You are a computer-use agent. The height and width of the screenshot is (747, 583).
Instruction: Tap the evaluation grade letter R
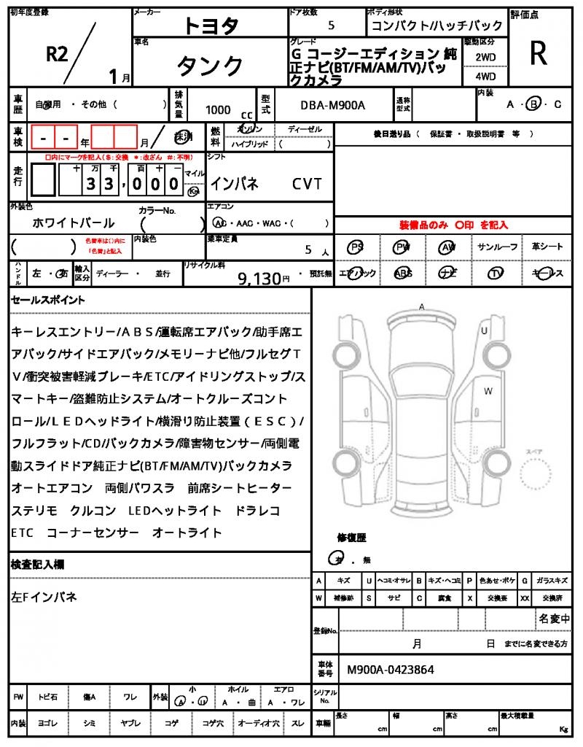click(x=539, y=53)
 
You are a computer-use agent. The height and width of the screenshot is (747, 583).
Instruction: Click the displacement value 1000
click(x=218, y=110)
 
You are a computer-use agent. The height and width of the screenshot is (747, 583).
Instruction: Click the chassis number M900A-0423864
click(x=390, y=669)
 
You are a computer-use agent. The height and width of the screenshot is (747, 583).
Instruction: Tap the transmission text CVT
click(x=307, y=184)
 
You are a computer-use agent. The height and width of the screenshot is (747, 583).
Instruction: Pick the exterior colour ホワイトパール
click(x=74, y=222)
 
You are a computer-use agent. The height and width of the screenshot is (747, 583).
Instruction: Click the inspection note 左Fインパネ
click(x=44, y=597)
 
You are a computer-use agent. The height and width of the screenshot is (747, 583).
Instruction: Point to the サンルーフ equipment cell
click(x=498, y=247)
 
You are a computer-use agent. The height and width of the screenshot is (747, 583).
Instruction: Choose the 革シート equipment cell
click(x=547, y=247)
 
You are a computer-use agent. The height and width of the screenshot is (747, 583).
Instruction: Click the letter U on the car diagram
click(x=483, y=331)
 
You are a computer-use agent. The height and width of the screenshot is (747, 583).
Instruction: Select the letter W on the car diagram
click(x=488, y=391)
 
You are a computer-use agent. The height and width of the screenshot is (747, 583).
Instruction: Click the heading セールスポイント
click(x=48, y=300)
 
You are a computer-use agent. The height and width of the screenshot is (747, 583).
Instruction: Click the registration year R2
click(x=59, y=53)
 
